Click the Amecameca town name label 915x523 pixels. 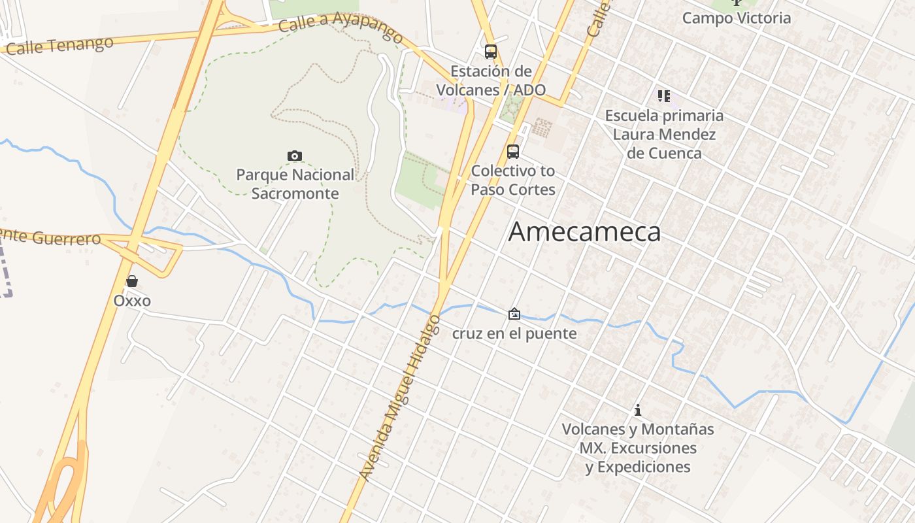pyautogui.click(x=584, y=232)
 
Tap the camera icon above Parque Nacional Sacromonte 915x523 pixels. pyautogui.click(x=295, y=156)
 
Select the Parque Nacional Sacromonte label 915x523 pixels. pyautogui.click(x=295, y=184)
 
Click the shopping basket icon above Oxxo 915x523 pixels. pyautogui.click(x=132, y=281)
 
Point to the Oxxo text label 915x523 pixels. pyautogui.click(x=132, y=301)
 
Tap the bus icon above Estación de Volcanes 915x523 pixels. pyautogui.click(x=491, y=52)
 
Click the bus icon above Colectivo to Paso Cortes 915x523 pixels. pyautogui.click(x=513, y=152)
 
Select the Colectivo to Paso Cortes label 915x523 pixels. pyautogui.click(x=513, y=180)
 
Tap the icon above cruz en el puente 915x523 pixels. pyautogui.click(x=514, y=314)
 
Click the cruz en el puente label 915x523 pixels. pyautogui.click(x=514, y=333)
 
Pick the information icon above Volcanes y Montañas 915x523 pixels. pyautogui.click(x=638, y=411)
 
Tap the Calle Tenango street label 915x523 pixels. pyautogui.click(x=61, y=45)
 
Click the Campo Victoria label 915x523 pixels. pyautogui.click(x=737, y=18)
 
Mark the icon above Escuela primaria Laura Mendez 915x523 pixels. pyautogui.click(x=664, y=97)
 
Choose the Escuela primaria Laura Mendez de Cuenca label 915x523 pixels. pyautogui.click(x=664, y=135)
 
